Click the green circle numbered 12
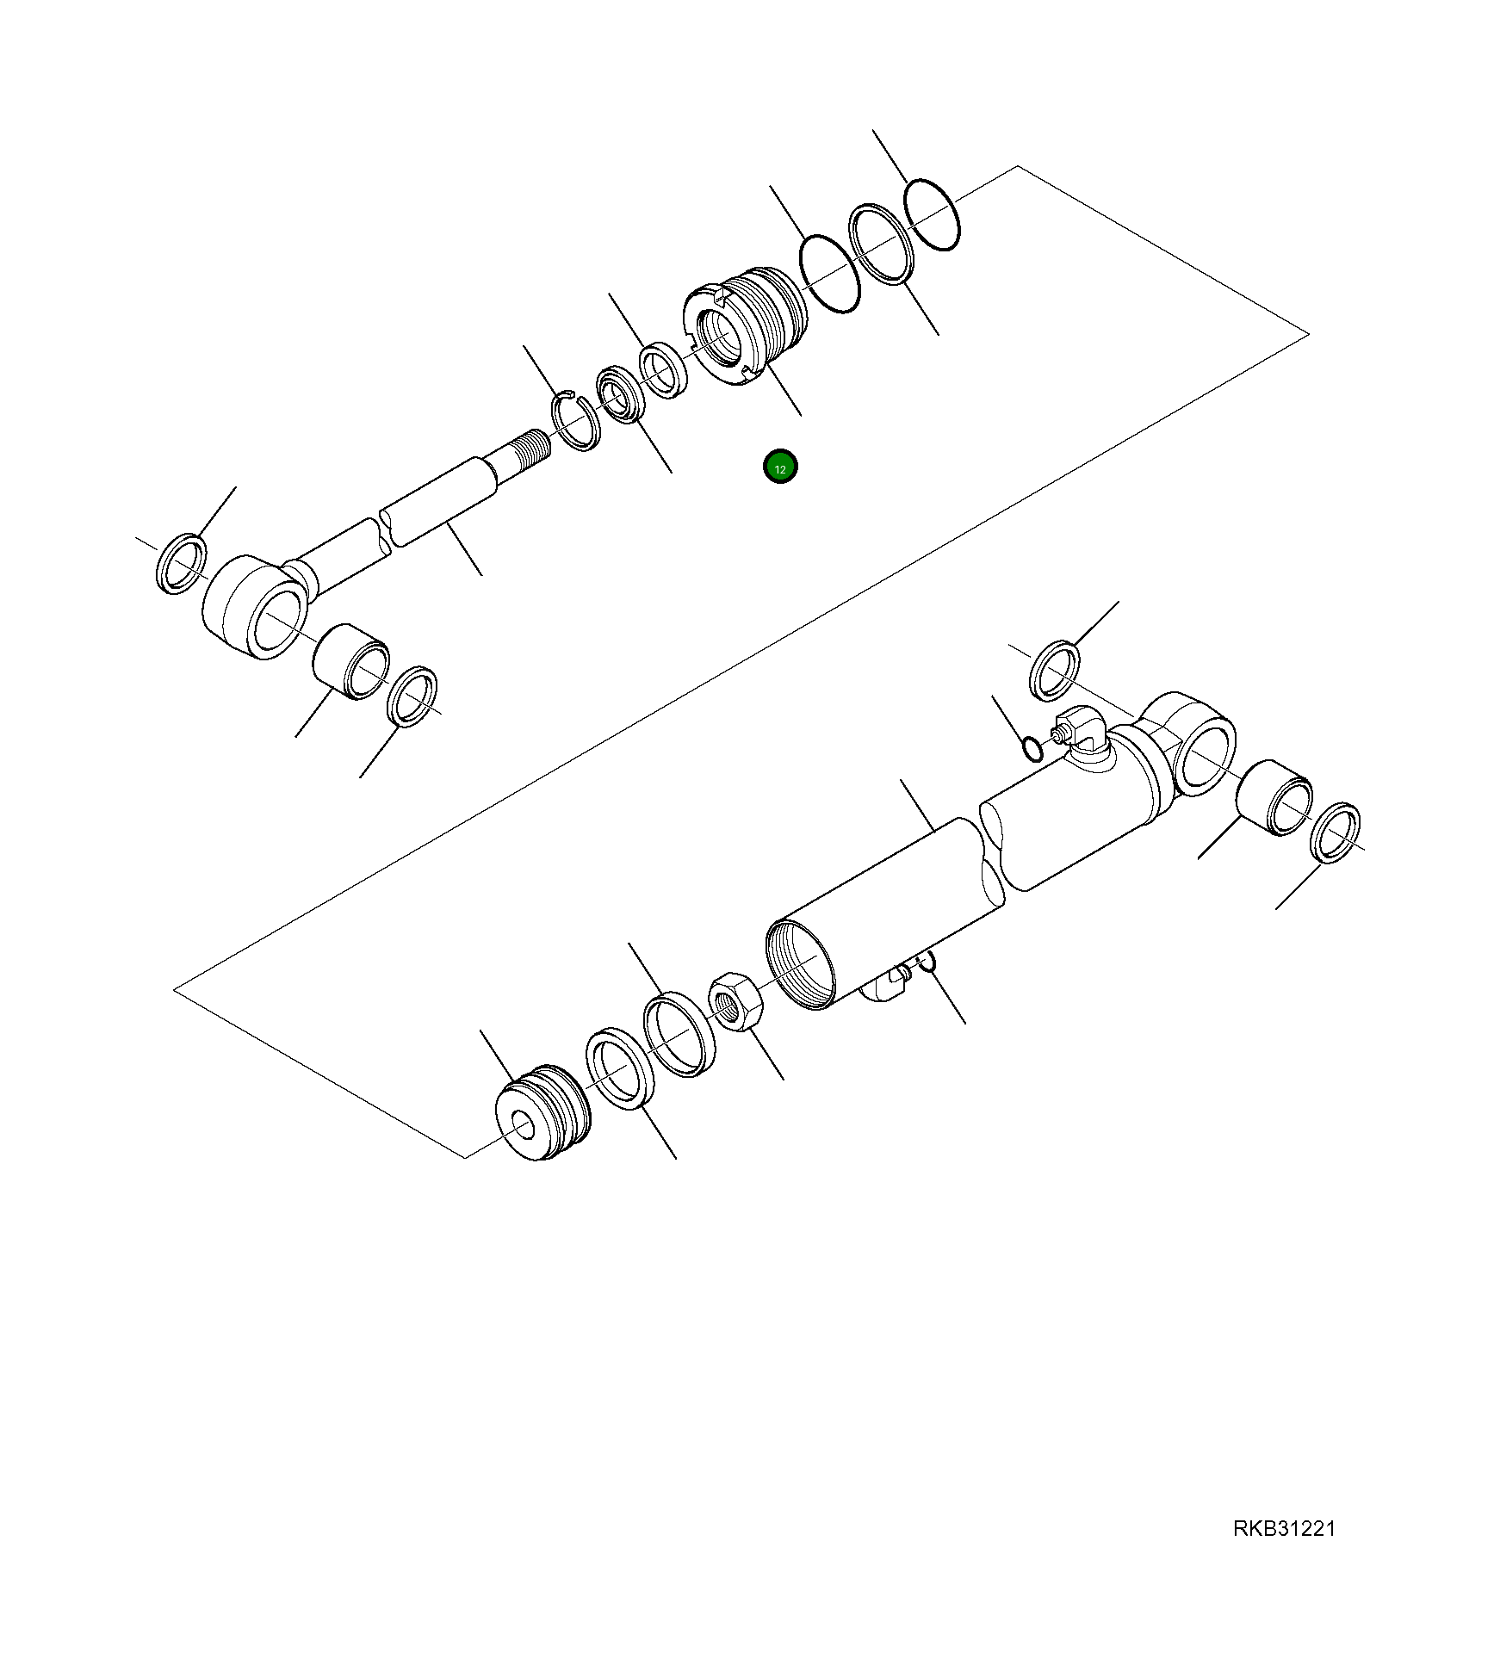(x=780, y=467)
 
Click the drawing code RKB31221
(x=1284, y=1529)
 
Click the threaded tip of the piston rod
(x=527, y=449)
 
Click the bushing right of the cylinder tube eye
(x=1274, y=798)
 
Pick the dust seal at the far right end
(x=1335, y=832)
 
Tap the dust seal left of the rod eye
(x=182, y=564)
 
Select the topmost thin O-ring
(x=932, y=215)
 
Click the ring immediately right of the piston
(x=619, y=1068)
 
